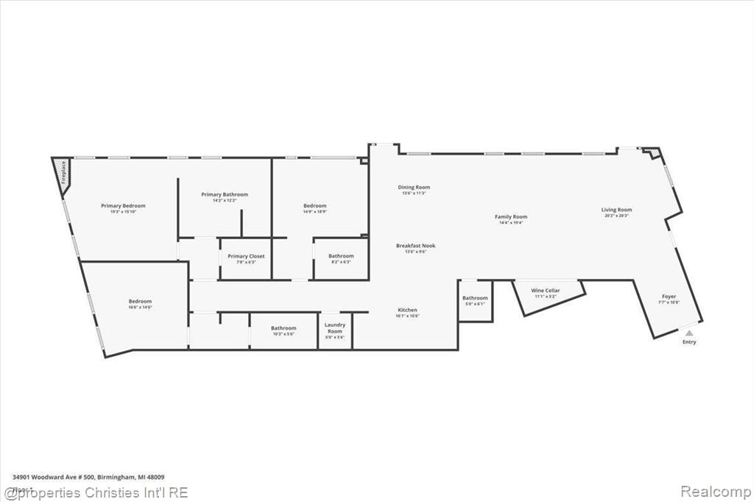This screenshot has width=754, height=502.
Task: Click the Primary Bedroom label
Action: (123, 206)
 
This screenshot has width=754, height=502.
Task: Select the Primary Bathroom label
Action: (225, 195)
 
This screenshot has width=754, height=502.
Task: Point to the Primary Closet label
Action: (246, 256)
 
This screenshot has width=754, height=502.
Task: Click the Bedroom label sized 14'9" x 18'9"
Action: (314, 206)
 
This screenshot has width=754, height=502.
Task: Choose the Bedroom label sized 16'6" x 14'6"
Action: (140, 301)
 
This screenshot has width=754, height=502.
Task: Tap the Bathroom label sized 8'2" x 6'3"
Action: (341, 256)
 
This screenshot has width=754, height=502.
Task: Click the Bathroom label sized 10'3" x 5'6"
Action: (283, 328)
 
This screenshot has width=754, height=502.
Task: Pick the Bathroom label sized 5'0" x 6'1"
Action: (475, 298)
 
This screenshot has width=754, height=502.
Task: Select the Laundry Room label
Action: (334, 328)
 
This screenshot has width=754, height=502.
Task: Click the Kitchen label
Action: (407, 310)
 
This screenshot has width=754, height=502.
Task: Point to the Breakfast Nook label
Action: (415, 246)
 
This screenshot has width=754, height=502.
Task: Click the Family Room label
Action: (510, 217)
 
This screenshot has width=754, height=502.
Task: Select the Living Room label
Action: (616, 210)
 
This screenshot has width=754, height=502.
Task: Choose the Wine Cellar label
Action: (546, 291)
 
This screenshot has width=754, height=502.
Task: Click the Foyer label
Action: (669, 297)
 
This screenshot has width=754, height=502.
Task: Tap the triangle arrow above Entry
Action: (689, 333)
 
